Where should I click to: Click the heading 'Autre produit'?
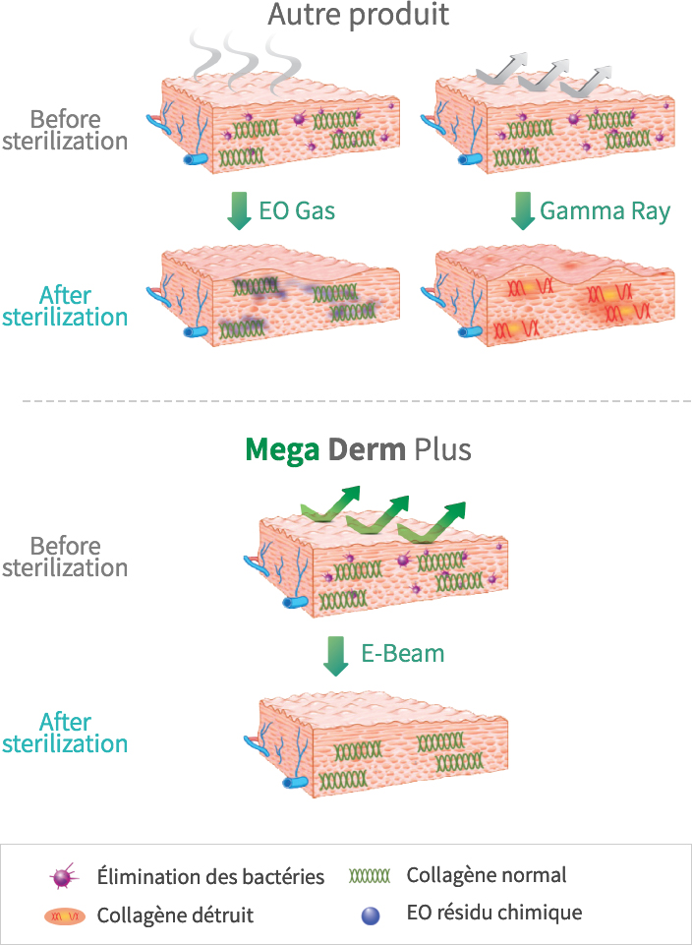(359, 16)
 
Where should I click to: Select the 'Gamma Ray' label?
(605, 210)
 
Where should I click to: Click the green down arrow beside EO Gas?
(239, 211)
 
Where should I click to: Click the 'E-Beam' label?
(403, 653)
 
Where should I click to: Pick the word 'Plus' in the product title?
(443, 450)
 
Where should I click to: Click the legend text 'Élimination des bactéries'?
(210, 876)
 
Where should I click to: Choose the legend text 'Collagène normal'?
(487, 874)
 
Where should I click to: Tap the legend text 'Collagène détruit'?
(175, 915)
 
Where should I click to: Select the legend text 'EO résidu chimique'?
(493, 913)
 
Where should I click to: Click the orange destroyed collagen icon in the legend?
(65, 916)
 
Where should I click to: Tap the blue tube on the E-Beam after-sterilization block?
(294, 783)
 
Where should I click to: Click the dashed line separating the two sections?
(346, 401)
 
